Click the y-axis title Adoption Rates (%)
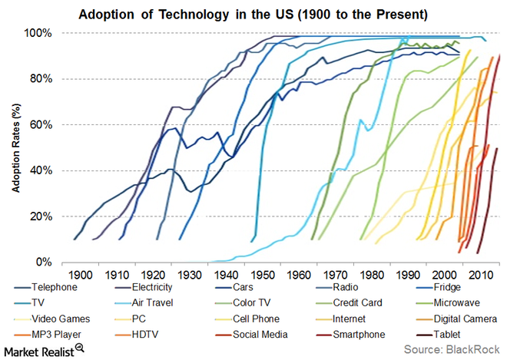pyautogui.click(x=13, y=147)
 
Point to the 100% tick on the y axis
pyautogui.click(x=38, y=33)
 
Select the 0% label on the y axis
pyautogui.click(x=43, y=262)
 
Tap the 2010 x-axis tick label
pyautogui.click(x=480, y=274)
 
